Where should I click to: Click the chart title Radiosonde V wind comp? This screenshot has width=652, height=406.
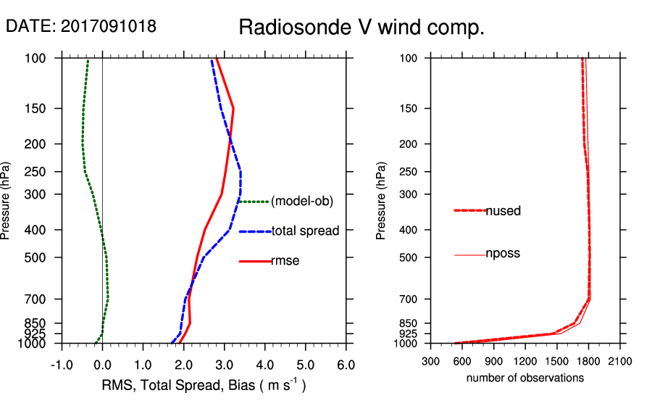click(361, 28)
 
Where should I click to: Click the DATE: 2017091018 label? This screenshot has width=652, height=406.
click(81, 27)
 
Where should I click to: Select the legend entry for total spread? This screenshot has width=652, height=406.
click(305, 231)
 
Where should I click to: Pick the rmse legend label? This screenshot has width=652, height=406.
click(285, 261)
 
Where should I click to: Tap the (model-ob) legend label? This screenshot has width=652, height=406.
click(302, 202)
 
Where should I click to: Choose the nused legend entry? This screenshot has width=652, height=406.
click(503, 211)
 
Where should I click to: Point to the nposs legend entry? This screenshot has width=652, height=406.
click(503, 254)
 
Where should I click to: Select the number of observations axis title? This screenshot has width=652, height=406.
click(525, 378)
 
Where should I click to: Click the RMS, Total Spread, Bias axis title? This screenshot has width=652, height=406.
click(203, 385)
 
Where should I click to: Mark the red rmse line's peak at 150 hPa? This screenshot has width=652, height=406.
click(233, 109)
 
